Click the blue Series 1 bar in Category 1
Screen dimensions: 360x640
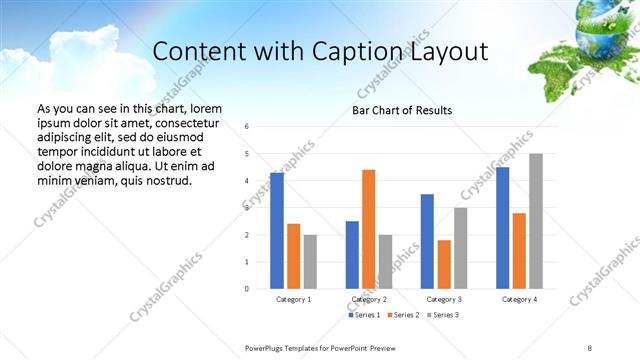click(x=277, y=231)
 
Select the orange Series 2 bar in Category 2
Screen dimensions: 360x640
click(x=368, y=229)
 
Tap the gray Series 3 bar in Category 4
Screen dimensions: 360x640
click(x=536, y=221)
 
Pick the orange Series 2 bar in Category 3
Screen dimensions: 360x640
click(x=444, y=264)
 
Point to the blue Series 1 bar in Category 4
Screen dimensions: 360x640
click(x=502, y=228)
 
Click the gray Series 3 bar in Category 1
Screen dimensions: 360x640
click(x=310, y=262)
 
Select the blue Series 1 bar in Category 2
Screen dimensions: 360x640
click(x=352, y=255)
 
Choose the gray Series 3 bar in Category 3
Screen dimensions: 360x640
click(x=460, y=248)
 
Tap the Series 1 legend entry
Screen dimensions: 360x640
click(x=364, y=315)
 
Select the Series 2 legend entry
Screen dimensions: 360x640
click(x=403, y=315)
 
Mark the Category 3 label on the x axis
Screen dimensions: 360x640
click(x=444, y=299)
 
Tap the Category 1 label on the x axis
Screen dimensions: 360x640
click(x=293, y=299)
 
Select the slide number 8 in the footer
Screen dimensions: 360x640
click(x=590, y=346)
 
